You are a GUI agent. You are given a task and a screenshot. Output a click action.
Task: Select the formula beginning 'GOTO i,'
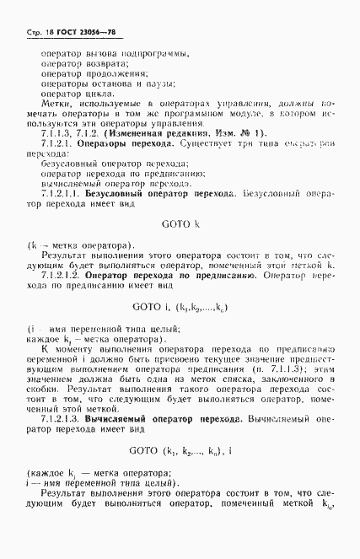(180, 307)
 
